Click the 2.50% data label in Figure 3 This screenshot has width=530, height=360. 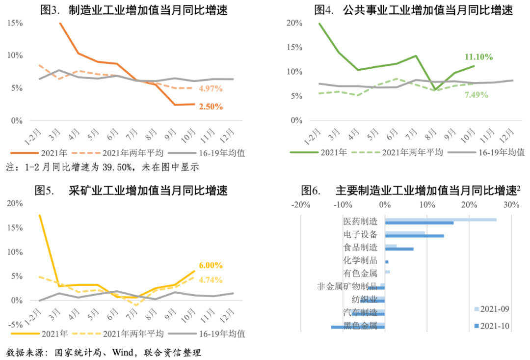tap(211, 106)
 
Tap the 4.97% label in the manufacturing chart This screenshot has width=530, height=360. tap(211, 89)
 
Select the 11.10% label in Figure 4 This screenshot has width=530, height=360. tap(478, 57)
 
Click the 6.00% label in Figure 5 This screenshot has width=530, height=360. tap(211, 265)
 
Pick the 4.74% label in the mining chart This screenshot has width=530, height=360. tap(211, 280)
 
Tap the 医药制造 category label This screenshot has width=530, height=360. tap(360, 221)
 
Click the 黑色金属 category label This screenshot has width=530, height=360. tap(360, 326)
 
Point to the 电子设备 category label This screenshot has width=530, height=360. tap(360, 234)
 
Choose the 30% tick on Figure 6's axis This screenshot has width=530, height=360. tap(511, 204)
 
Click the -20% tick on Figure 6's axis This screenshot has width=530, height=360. tap(300, 204)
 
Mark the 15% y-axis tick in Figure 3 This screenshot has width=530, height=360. tap(15, 23)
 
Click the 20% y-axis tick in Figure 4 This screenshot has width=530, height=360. tap(294, 23)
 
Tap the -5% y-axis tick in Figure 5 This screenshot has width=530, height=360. tap(14, 325)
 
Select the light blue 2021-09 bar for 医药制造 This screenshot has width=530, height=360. tap(441, 220)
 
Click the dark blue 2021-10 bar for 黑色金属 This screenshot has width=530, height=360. tap(358, 327)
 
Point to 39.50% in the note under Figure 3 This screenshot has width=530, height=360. tap(115, 167)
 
